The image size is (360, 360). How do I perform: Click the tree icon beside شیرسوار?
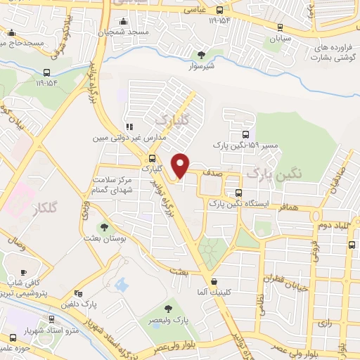(x=203, y=54)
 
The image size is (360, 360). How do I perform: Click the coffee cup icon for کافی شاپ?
(x=23, y=272)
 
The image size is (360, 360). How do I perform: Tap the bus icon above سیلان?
(x=280, y=27)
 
